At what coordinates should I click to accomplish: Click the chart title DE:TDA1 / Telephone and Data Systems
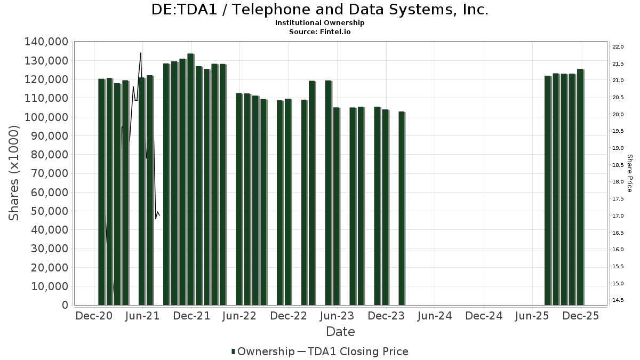point(320,10)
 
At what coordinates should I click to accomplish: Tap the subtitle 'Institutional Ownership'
point(320,23)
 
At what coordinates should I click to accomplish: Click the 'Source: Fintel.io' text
point(320,31)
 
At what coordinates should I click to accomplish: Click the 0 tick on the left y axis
point(65,305)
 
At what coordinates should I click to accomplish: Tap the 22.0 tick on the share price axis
point(618,47)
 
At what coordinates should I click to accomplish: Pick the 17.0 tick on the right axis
point(618,215)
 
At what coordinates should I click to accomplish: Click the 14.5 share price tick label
point(618,300)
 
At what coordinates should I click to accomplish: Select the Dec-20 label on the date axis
point(94,316)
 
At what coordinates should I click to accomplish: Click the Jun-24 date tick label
point(435,316)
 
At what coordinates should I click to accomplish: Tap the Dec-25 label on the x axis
point(581,316)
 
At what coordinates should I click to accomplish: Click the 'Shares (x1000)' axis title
point(14,173)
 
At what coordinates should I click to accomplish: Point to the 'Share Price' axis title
point(629,173)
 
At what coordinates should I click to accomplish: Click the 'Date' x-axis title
point(340,332)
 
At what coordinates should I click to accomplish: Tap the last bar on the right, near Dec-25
point(580,187)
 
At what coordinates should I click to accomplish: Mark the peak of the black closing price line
point(141,53)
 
